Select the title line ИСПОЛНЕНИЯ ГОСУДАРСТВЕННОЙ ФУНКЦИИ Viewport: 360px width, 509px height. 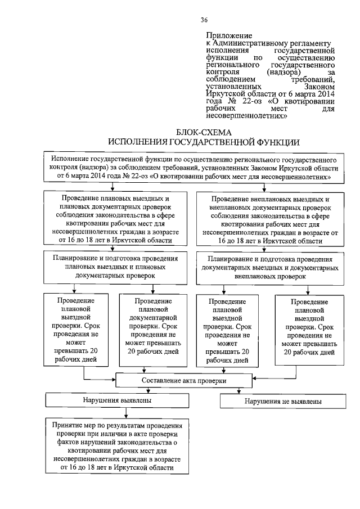tap(204, 142)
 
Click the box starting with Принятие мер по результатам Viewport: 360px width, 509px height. tap(118, 447)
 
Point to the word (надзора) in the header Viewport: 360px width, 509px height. tap(283, 73)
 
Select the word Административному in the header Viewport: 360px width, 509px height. tap(247, 43)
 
